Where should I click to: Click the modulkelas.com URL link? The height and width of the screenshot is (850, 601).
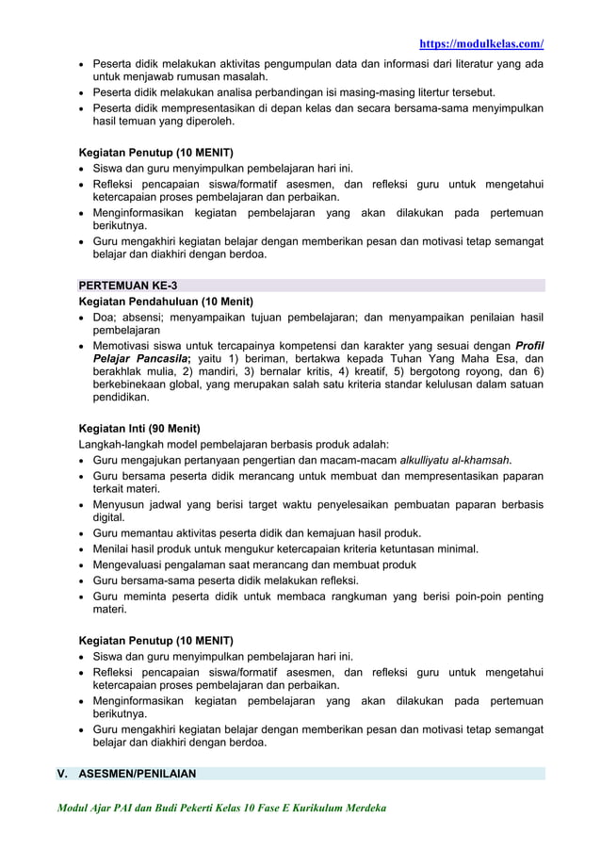[x=481, y=43]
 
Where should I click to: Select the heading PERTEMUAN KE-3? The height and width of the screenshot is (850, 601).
[x=127, y=286]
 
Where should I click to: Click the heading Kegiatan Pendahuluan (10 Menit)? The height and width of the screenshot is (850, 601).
[x=166, y=302]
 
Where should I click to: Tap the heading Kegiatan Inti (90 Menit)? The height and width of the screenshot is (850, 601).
[x=139, y=428]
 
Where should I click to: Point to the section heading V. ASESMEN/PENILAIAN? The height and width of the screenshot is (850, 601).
[x=126, y=774]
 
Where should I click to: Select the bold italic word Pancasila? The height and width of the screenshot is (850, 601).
[x=166, y=359]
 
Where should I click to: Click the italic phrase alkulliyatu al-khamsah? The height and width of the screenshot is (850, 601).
[x=456, y=461]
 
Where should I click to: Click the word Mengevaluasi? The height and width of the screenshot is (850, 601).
[x=133, y=564]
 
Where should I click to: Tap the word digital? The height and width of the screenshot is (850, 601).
[x=108, y=517]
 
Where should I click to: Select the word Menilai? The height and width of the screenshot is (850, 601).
[x=112, y=548]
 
